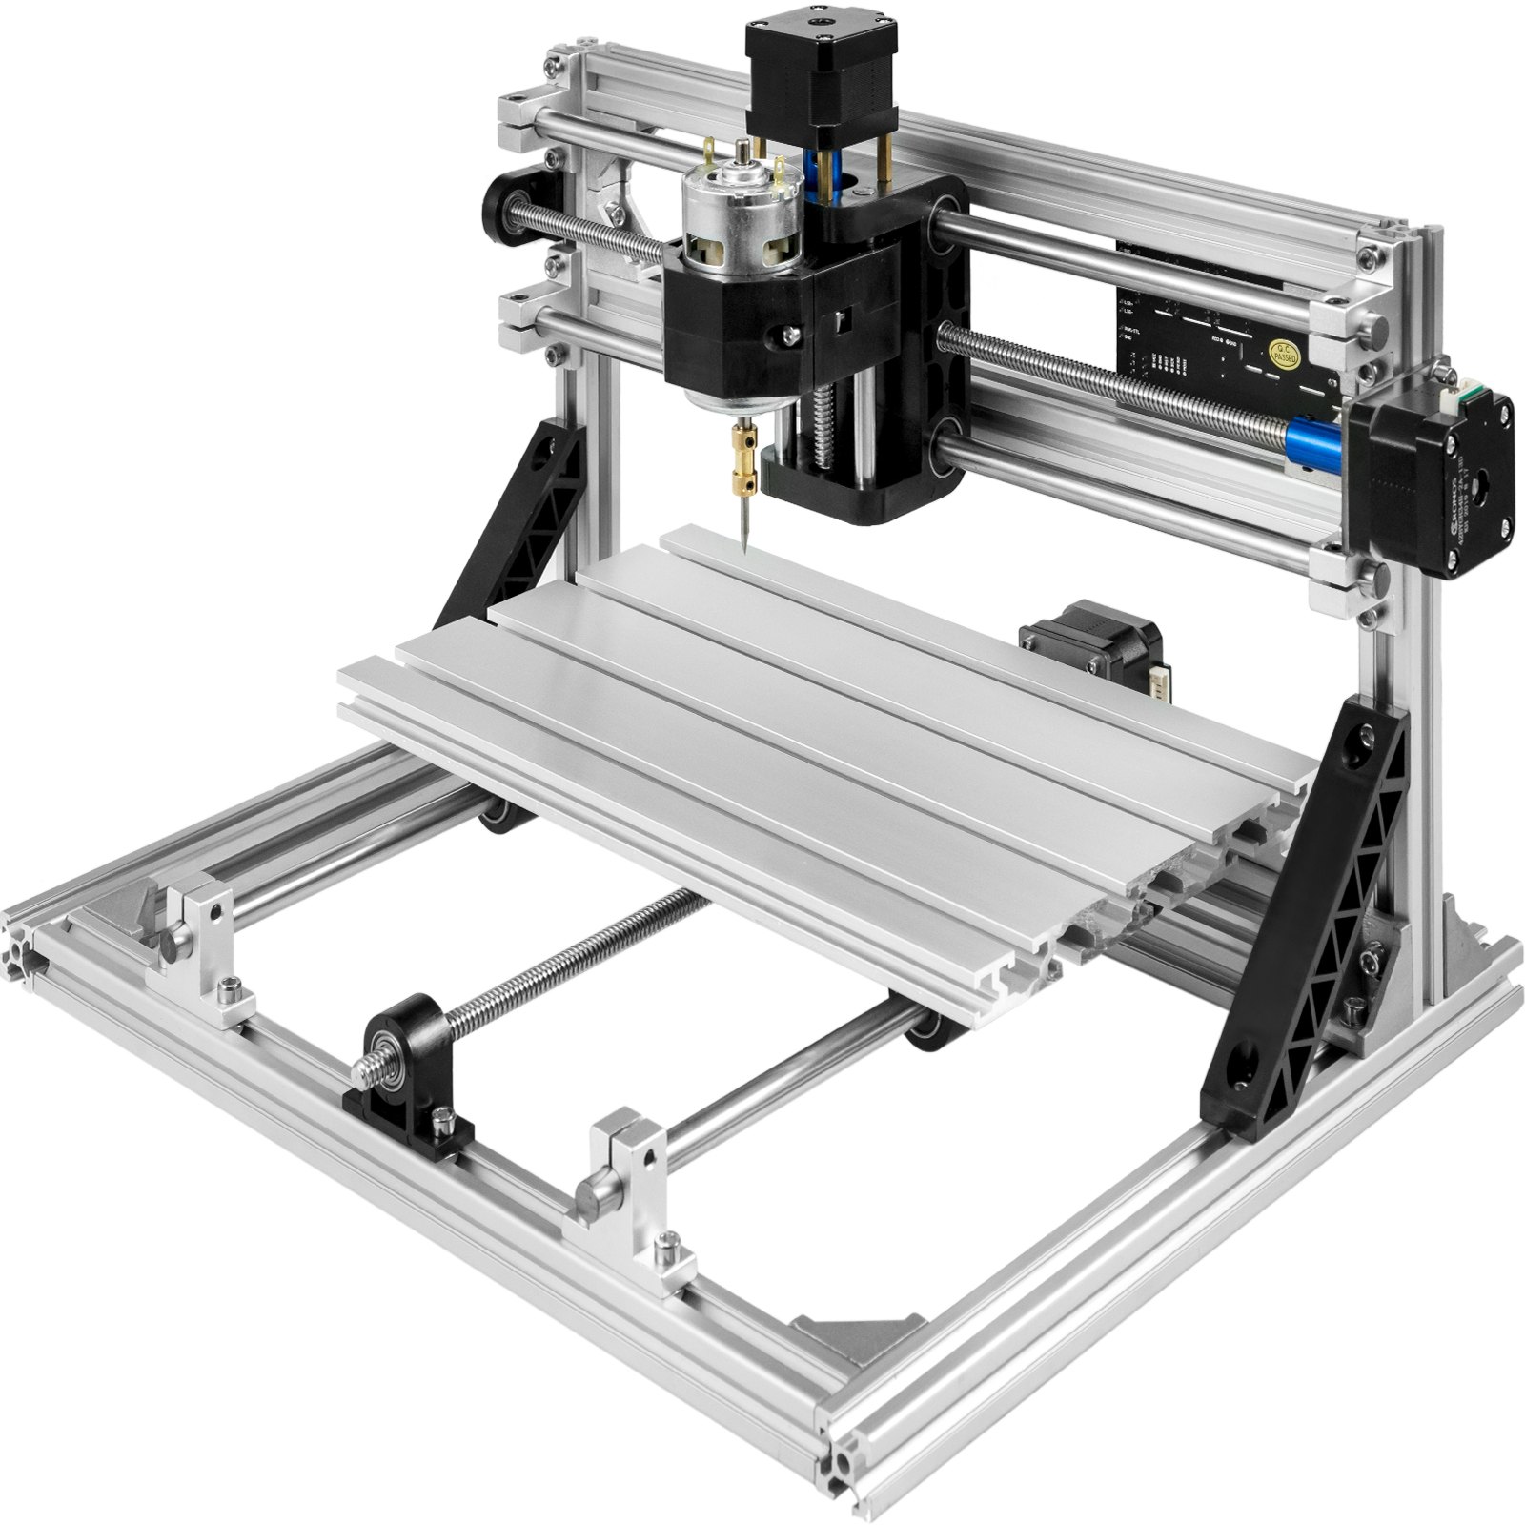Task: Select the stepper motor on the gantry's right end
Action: pos(1430,457)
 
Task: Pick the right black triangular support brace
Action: pos(1306,934)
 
